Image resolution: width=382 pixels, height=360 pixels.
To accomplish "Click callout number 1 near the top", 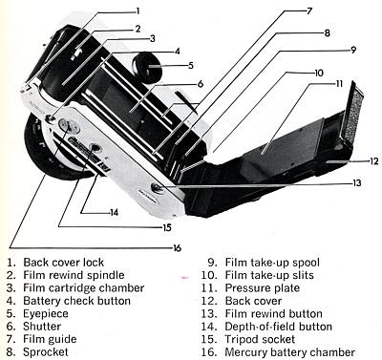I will point(138,11).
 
